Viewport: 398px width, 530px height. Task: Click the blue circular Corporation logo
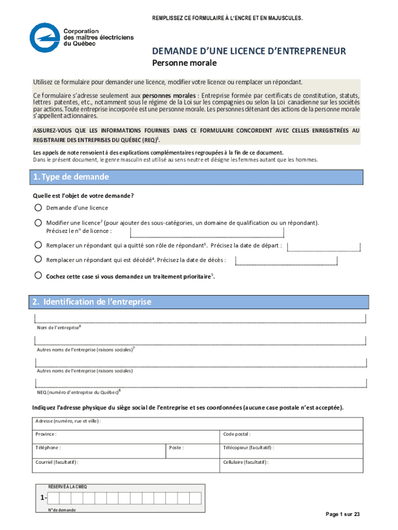coord(44,38)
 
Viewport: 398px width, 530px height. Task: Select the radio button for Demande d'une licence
coord(38,208)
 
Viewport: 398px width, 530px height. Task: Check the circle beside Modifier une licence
coord(38,223)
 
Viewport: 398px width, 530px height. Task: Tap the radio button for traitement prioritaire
coord(38,276)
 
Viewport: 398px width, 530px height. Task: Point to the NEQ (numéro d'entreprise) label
coord(78,391)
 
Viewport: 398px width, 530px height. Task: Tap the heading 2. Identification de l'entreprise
coord(90,302)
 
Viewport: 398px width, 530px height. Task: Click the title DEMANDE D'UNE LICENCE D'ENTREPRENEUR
coord(249,51)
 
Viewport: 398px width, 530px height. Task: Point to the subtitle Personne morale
coord(184,64)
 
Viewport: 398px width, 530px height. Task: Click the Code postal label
coord(237,434)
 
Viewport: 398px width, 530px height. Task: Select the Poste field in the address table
coord(193,448)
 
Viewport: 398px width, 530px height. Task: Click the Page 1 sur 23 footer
coord(342,514)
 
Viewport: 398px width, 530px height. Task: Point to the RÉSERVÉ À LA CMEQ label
coord(68,487)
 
